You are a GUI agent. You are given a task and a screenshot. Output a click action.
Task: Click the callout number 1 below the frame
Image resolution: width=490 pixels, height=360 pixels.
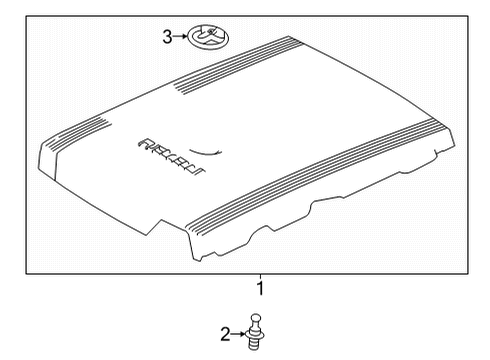coord(261,288)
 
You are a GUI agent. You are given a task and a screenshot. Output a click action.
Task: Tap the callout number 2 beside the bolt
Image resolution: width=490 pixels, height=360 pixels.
coord(225,333)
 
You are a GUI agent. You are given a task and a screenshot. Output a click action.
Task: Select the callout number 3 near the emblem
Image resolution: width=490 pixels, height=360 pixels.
coord(167,38)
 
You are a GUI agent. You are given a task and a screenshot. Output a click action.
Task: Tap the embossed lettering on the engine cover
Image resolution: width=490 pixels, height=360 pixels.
coord(163,152)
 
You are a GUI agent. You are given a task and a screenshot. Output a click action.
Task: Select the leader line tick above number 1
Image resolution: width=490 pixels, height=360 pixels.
coord(261,277)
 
